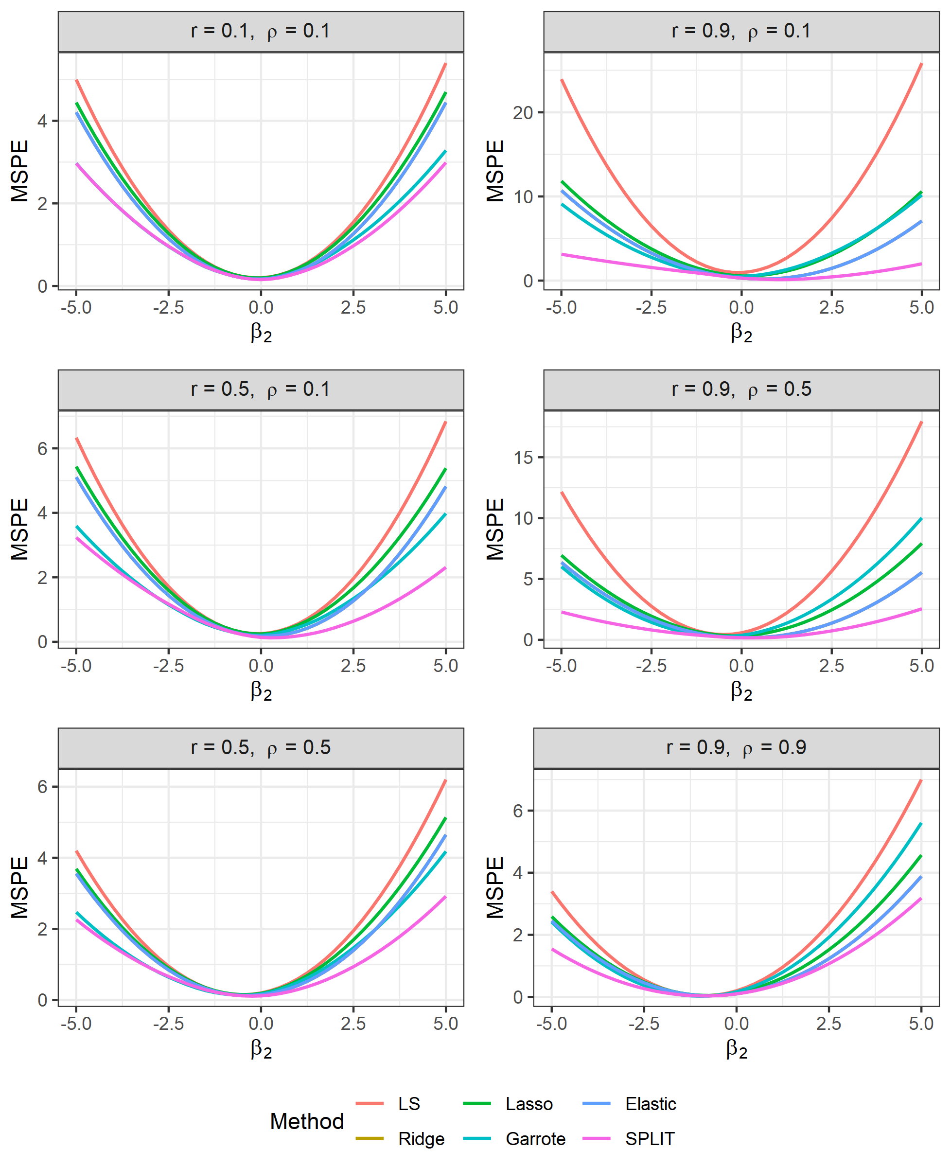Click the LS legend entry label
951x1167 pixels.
coord(409,1104)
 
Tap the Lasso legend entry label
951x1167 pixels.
coord(528,1104)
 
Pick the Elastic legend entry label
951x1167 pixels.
coord(650,1104)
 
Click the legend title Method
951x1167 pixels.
coord(307,1121)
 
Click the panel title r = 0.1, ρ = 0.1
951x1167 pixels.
coord(261,31)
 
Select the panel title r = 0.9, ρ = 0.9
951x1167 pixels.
coord(736,747)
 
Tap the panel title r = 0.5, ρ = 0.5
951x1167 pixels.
coord(261,747)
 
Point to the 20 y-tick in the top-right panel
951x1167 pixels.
coord(523,113)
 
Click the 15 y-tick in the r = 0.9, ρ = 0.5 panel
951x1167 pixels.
coord(523,458)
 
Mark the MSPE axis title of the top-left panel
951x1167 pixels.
coord(20,171)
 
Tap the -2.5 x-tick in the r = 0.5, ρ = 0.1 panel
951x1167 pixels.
coord(168,666)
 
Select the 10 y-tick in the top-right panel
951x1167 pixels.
coord(523,197)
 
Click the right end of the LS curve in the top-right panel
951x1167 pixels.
coord(921,64)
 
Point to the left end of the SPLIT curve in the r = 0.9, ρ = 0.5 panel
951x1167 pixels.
coord(562,612)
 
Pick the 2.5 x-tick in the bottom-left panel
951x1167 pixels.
coord(353,1024)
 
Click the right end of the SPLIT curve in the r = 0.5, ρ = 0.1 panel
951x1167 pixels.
coord(445,568)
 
